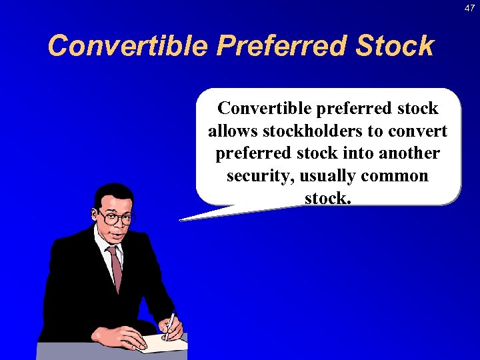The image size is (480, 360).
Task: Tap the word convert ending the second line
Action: click(x=418, y=131)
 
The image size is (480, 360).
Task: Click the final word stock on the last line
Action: click(x=327, y=198)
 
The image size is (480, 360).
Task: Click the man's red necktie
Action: click(x=116, y=267)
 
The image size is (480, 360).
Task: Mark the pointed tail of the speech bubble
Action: click(x=187, y=218)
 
